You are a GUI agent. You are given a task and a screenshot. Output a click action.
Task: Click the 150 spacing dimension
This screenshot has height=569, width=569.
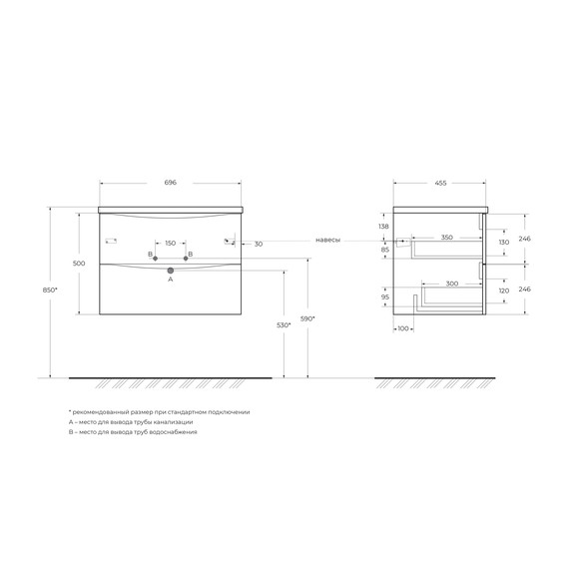(x=170, y=244)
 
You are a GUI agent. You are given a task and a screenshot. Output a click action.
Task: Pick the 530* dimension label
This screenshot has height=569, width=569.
(x=283, y=324)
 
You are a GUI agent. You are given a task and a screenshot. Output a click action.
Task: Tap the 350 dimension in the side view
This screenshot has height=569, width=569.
(x=446, y=239)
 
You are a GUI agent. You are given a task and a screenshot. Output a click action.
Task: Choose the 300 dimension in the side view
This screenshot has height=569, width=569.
(x=452, y=284)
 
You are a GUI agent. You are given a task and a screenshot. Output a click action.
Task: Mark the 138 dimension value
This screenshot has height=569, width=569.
(x=384, y=228)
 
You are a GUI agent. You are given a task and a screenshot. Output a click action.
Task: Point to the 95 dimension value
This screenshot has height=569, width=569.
(x=385, y=296)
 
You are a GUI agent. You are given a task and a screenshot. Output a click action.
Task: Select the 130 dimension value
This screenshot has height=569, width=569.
(x=503, y=243)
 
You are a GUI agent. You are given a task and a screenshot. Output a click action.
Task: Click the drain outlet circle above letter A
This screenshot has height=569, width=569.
(x=171, y=270)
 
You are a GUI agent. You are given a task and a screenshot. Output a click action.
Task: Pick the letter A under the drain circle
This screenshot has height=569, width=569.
(x=171, y=281)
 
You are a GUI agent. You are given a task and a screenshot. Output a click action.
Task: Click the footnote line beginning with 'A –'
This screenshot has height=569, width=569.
(x=131, y=422)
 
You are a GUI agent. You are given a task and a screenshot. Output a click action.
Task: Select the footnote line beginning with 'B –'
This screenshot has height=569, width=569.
(x=133, y=432)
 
